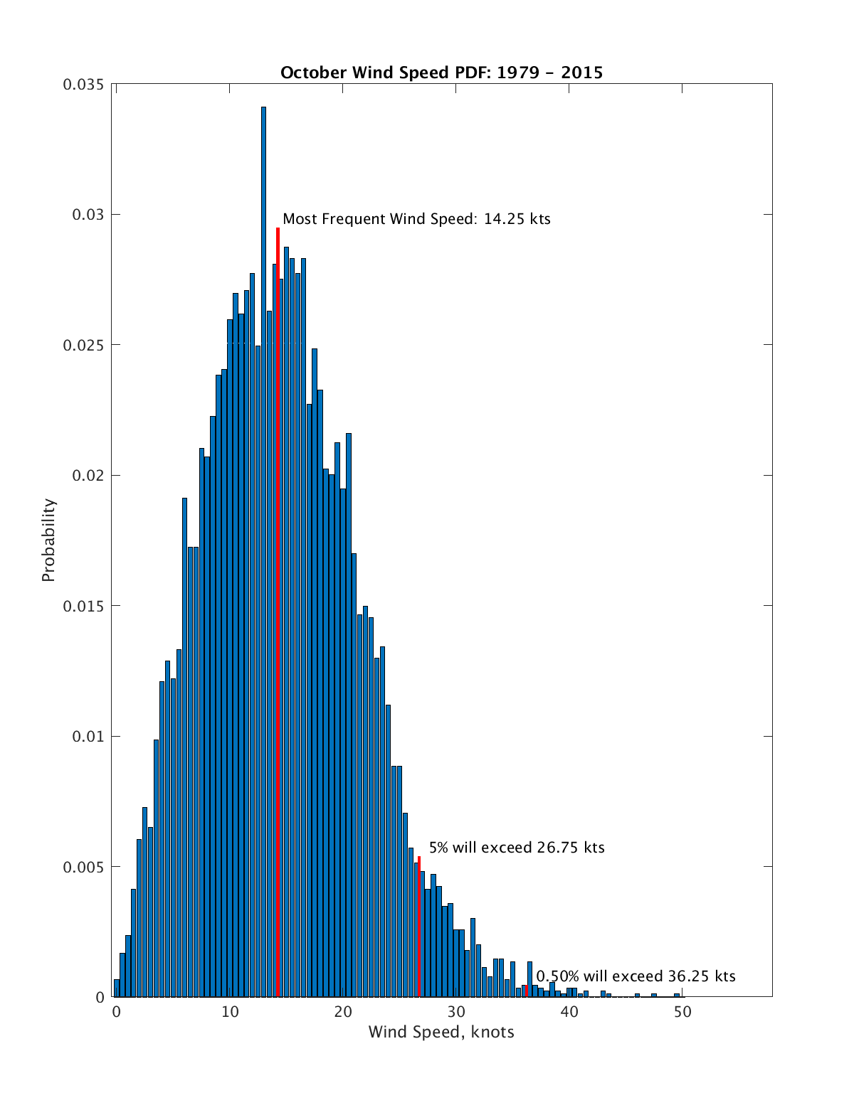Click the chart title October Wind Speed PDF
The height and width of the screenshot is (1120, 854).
pyautogui.click(x=441, y=73)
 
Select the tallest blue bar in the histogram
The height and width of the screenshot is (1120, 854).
pyautogui.click(x=263, y=498)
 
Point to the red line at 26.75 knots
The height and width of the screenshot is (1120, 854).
pyautogui.click(x=419, y=924)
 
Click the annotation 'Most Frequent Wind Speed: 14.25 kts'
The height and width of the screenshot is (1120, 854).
pyautogui.click(x=416, y=219)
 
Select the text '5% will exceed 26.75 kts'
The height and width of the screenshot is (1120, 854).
pyautogui.click(x=517, y=848)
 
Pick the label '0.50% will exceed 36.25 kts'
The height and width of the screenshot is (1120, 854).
pyautogui.click(x=636, y=976)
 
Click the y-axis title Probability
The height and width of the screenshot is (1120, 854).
pyautogui.click(x=48, y=540)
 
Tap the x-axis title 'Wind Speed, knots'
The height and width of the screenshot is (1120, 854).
pyautogui.click(x=441, y=1032)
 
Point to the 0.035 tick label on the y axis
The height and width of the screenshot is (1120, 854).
pyautogui.click(x=83, y=85)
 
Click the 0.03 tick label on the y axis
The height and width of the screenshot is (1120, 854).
pyautogui.click(x=88, y=215)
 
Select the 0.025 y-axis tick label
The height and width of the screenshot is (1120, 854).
pyautogui.click(x=83, y=345)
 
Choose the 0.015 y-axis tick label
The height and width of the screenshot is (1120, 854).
pyautogui.click(x=83, y=606)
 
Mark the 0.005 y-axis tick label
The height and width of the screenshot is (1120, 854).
pyautogui.click(x=83, y=867)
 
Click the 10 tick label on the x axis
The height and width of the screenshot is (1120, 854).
pyautogui.click(x=230, y=1012)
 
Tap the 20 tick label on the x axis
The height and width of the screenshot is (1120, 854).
pyautogui.click(x=343, y=1012)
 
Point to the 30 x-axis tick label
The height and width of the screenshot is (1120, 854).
pyautogui.click(x=456, y=1012)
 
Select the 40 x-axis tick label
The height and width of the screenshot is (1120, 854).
pyautogui.click(x=569, y=1012)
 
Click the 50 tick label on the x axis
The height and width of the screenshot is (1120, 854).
pyautogui.click(x=682, y=1012)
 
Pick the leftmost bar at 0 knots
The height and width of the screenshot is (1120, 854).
pyautogui.click(x=117, y=988)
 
